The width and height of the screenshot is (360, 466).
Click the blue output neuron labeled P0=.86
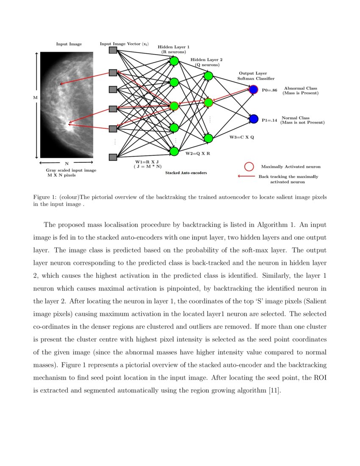click(254, 90)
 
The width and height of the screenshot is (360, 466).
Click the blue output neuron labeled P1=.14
click(254, 119)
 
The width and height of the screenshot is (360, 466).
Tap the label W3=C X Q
click(242, 138)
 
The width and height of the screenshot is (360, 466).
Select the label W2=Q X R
click(198, 153)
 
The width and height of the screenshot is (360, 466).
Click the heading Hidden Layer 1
click(174, 47)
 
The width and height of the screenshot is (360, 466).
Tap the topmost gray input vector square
click(113, 50)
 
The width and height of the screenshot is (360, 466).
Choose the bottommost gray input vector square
click(113, 157)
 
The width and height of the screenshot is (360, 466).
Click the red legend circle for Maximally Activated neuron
click(249, 166)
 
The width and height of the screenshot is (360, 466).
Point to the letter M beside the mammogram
click(35, 98)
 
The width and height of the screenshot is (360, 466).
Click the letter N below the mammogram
click(66, 163)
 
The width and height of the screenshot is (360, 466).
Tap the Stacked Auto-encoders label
click(183, 173)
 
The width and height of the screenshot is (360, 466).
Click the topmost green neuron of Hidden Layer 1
click(174, 61)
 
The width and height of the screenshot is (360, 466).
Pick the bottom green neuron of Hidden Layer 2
click(208, 138)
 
